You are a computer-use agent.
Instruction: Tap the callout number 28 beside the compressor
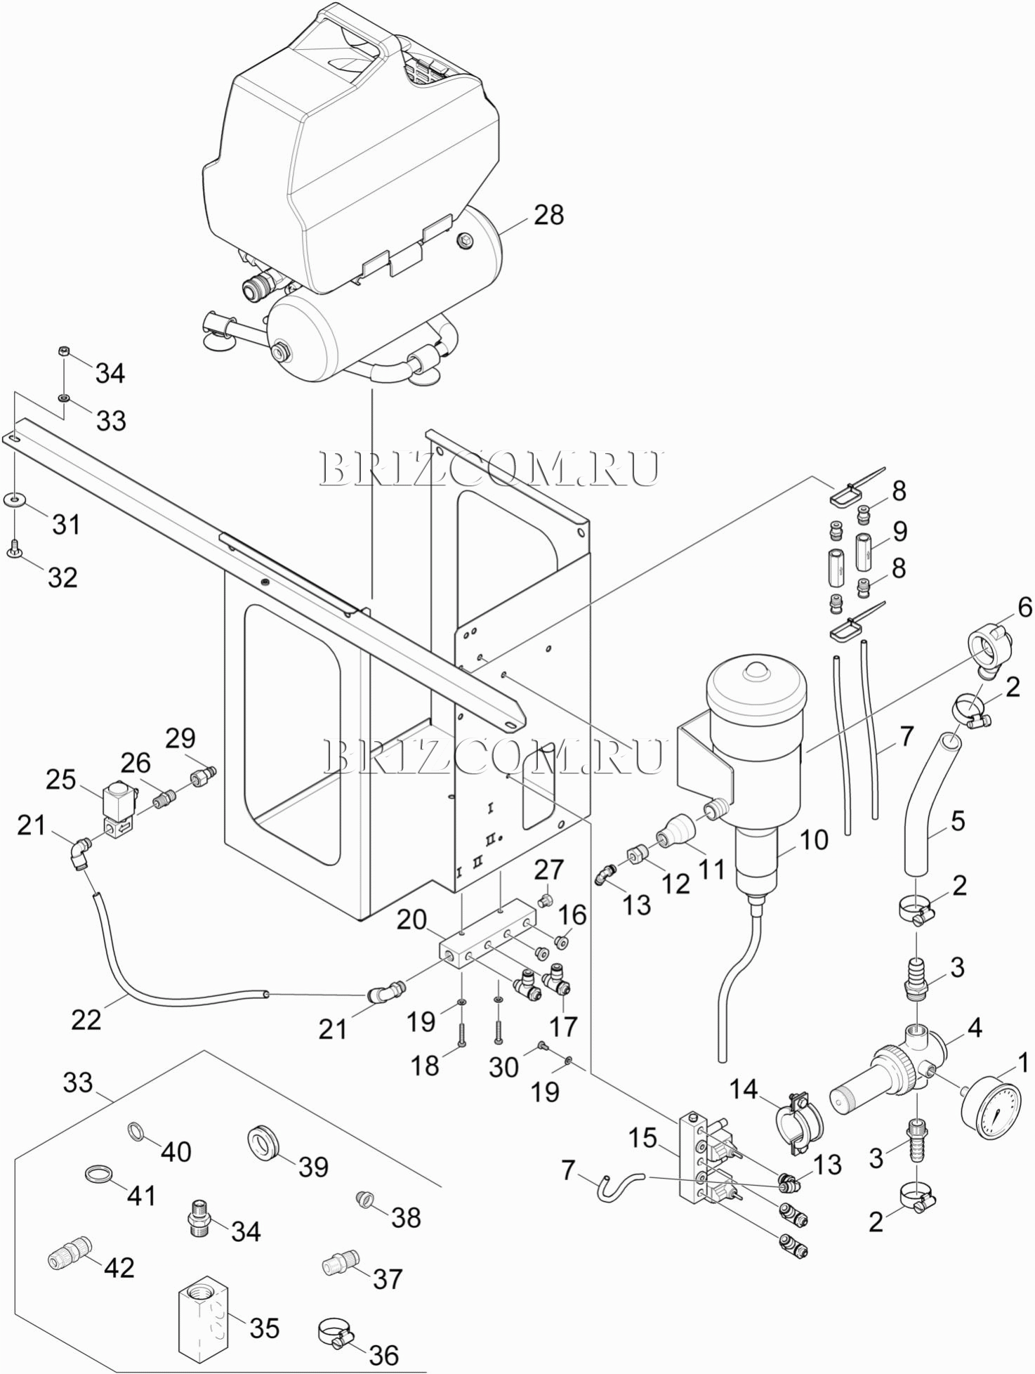[549, 215]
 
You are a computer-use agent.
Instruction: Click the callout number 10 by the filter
[814, 839]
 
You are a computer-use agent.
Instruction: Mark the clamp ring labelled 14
[800, 1127]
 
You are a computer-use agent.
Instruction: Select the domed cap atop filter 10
[757, 672]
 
